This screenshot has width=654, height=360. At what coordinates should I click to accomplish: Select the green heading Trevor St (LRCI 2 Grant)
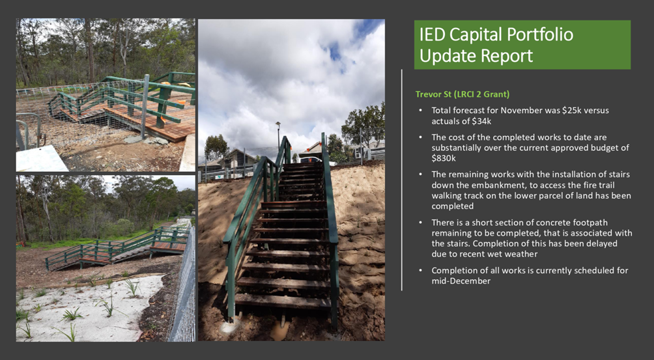tap(462, 94)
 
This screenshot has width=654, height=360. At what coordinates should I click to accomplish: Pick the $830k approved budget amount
tap(442, 158)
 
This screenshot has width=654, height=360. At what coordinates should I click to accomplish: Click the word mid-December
tap(461, 281)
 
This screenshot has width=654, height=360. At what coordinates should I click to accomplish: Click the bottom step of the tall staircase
tap(283, 301)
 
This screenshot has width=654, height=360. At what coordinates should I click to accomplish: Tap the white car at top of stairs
tap(311, 159)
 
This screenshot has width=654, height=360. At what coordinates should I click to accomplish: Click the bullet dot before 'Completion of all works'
tap(420, 270)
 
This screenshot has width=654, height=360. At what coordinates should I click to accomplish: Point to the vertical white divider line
tap(402, 180)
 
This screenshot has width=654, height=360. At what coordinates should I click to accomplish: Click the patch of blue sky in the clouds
tap(335, 51)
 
